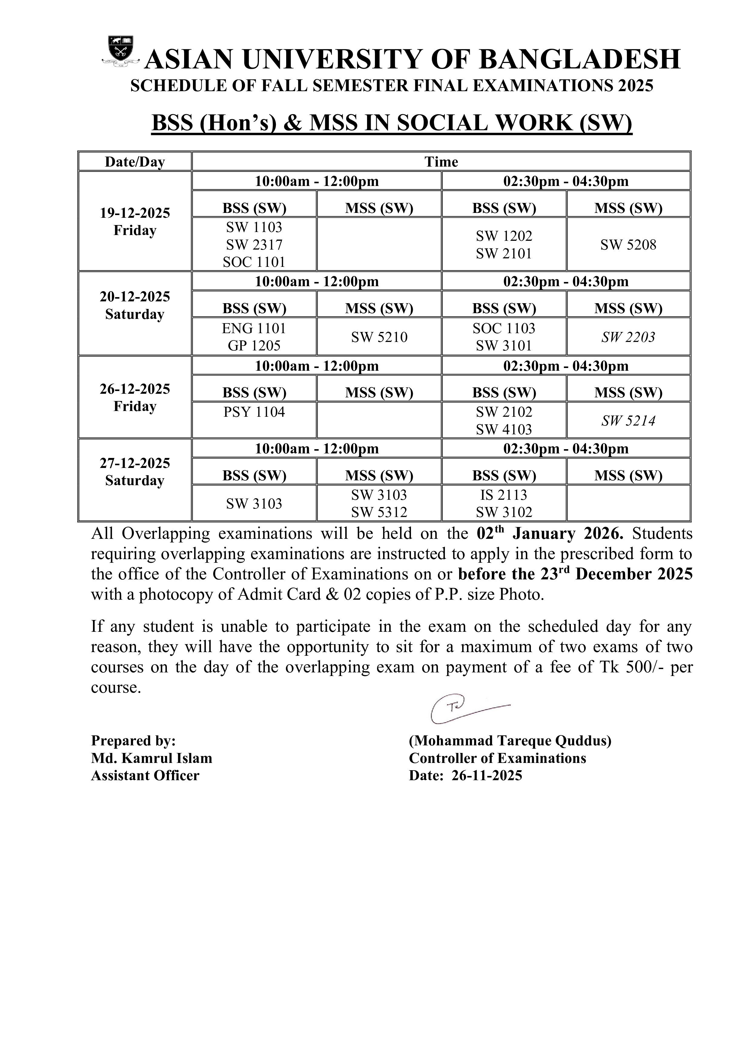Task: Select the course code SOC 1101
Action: point(254,262)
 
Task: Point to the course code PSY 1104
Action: point(254,412)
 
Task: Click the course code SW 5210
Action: point(379,337)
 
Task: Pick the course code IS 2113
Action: point(504,495)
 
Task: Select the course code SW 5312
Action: point(379,512)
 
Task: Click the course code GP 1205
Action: point(254,346)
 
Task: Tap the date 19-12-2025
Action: point(135,213)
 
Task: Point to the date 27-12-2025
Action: point(135,463)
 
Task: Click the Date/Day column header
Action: point(135,162)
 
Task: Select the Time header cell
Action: point(441,162)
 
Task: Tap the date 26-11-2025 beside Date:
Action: point(487,775)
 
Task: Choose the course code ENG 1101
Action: point(254,328)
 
